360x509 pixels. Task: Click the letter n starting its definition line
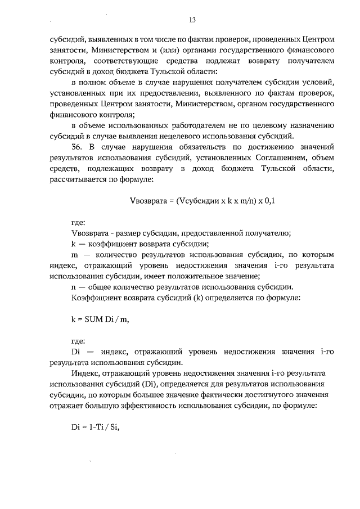tap(75, 286)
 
